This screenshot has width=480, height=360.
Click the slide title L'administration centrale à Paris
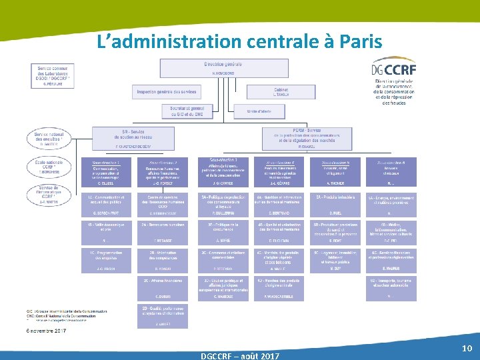[239, 42]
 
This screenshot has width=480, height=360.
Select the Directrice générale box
[223, 68]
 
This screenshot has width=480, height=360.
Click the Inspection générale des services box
[166, 92]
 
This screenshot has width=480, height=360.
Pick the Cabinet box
[281, 92]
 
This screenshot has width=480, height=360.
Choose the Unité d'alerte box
[261, 111]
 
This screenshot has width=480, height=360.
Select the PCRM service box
[306, 138]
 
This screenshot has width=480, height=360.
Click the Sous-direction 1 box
[106, 172]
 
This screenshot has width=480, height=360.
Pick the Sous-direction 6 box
[391, 172]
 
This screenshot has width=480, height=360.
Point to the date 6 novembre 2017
[45, 331]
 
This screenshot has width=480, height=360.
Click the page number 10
[467, 349]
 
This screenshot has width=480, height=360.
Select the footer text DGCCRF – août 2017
[240, 355]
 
